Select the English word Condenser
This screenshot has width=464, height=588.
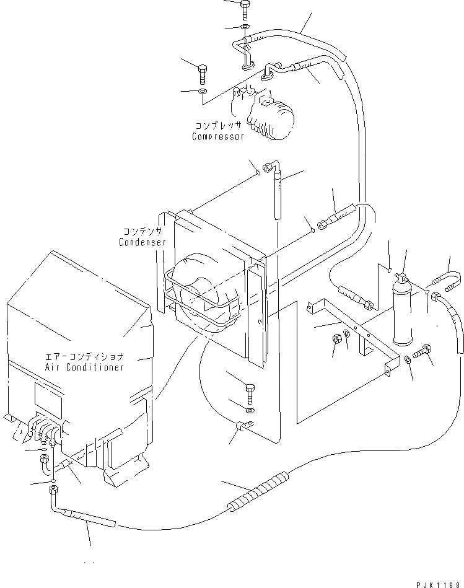click(142, 242)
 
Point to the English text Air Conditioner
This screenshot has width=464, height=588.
click(85, 367)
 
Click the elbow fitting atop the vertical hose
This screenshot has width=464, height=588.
click(271, 167)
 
